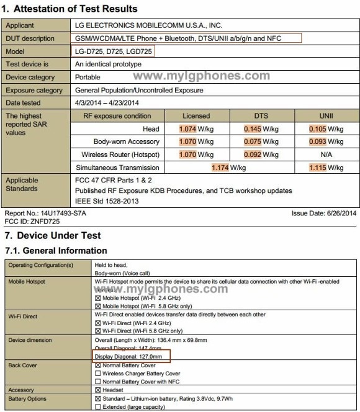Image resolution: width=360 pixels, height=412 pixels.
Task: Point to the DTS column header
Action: click(259, 116)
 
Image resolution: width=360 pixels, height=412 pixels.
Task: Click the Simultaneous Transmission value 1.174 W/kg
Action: click(228, 168)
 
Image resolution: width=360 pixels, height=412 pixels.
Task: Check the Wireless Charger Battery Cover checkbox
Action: click(97, 374)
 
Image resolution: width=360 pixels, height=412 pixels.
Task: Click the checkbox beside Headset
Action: click(97, 390)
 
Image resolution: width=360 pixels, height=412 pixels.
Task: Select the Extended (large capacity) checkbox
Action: click(97, 406)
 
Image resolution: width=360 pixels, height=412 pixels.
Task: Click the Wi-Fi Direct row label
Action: click(23, 316)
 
